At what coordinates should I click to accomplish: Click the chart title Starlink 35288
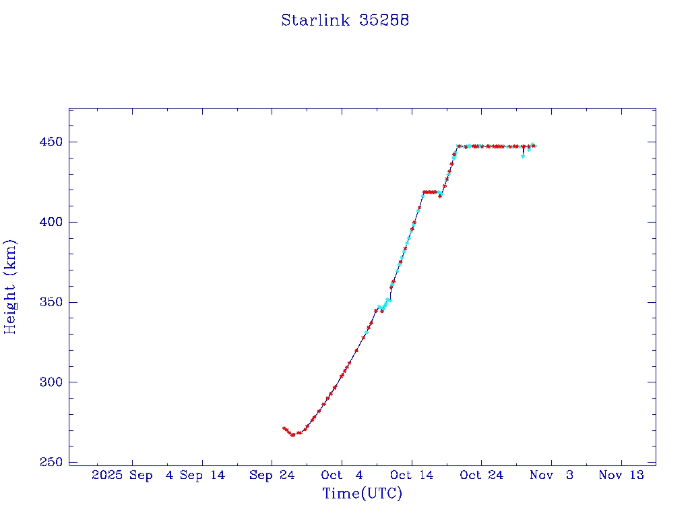(345, 20)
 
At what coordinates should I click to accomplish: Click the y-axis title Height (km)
(11, 287)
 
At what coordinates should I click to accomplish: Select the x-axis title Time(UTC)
(363, 494)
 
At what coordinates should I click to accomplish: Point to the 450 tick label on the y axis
(51, 142)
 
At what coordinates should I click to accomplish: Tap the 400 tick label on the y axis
(51, 222)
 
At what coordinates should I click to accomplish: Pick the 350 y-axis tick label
(51, 302)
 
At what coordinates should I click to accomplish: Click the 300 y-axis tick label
(51, 382)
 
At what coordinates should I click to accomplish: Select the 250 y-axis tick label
(51, 462)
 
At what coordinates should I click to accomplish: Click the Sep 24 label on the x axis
(272, 475)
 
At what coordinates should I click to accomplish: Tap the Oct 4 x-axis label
(342, 475)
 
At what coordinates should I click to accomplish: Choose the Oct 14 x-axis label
(411, 475)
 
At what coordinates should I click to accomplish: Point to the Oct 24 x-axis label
(481, 475)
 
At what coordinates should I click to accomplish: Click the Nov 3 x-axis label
(551, 475)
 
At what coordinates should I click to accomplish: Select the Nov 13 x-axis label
(621, 475)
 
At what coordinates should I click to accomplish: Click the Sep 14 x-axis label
(201, 475)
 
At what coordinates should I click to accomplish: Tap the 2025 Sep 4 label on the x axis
(132, 475)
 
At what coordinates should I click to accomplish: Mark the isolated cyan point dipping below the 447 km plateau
(523, 156)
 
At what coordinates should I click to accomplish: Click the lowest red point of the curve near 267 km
(293, 435)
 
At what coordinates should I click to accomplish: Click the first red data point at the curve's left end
(284, 428)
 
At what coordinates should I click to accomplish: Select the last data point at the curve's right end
(534, 146)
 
